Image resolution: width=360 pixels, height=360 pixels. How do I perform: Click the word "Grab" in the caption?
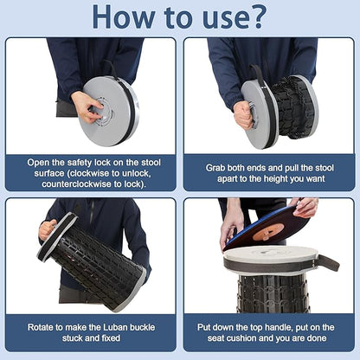tap(215, 168)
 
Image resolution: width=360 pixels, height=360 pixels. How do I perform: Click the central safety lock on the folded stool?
tap(103, 112)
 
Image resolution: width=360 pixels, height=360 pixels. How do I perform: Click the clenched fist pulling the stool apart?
tap(243, 115)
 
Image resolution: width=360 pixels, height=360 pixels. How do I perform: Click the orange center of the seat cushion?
tap(268, 233)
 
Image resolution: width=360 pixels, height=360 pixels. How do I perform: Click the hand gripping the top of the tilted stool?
tap(48, 229)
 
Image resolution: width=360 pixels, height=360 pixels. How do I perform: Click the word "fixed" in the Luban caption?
tap(111, 338)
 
